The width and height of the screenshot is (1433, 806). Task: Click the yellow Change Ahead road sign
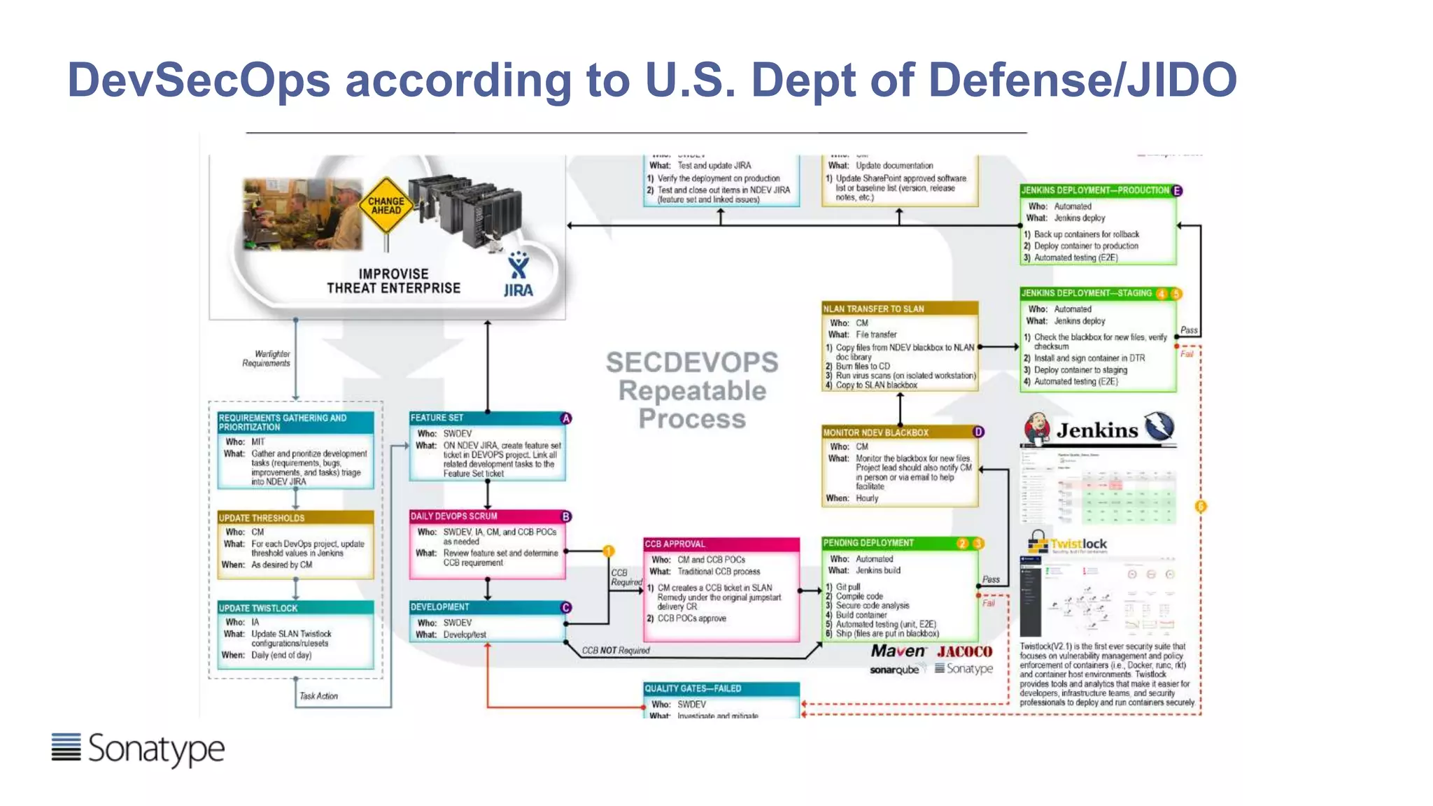pos(386,205)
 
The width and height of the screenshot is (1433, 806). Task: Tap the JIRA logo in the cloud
pos(518,276)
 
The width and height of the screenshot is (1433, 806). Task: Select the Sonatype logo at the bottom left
pos(138,749)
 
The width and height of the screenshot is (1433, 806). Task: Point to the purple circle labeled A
pos(566,418)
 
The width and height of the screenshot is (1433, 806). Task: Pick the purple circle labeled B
pos(566,516)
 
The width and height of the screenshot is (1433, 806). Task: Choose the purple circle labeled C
pos(566,607)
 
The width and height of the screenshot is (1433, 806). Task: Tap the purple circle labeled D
pos(978,432)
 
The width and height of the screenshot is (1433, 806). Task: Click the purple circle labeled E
pos(1177,190)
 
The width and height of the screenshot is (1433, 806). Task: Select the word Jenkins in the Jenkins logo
pos(1096,430)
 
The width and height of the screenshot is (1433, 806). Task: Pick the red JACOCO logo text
pos(964,651)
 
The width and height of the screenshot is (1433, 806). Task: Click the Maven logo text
pos(898,651)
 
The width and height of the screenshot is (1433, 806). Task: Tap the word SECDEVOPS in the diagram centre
pos(691,362)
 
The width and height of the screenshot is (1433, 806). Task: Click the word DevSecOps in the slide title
pos(199,80)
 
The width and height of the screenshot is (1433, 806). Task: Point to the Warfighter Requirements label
pos(267,358)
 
